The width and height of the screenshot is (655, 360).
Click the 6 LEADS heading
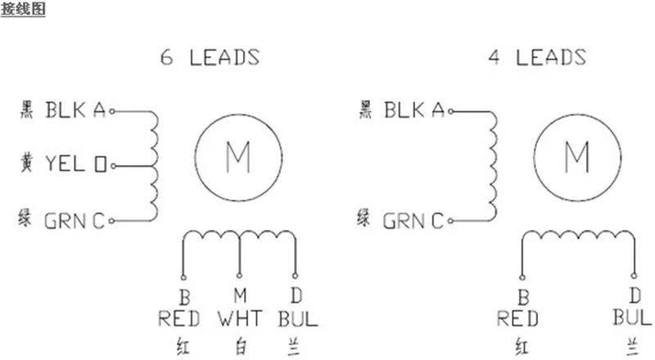tap(210, 57)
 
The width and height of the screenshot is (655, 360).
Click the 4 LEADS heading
tap(537, 56)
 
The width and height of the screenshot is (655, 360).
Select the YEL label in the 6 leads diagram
tap(65, 164)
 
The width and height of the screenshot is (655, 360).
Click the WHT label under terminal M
tap(240, 318)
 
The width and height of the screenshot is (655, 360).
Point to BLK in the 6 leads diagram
tap(65, 110)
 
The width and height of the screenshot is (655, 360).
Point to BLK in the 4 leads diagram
tap(404, 110)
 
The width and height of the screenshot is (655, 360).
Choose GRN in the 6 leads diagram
tap(65, 221)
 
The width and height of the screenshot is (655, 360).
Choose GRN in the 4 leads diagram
tap(404, 221)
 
